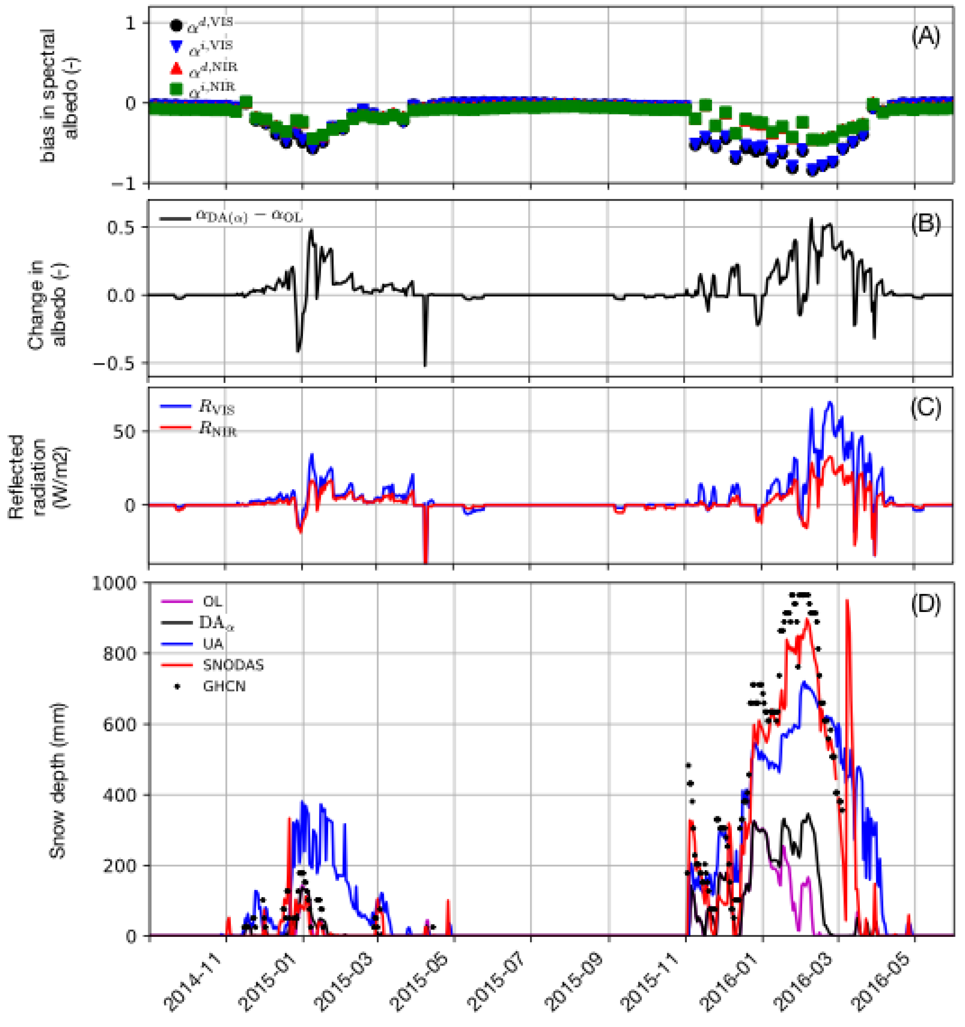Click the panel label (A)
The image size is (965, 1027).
(x=926, y=37)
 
